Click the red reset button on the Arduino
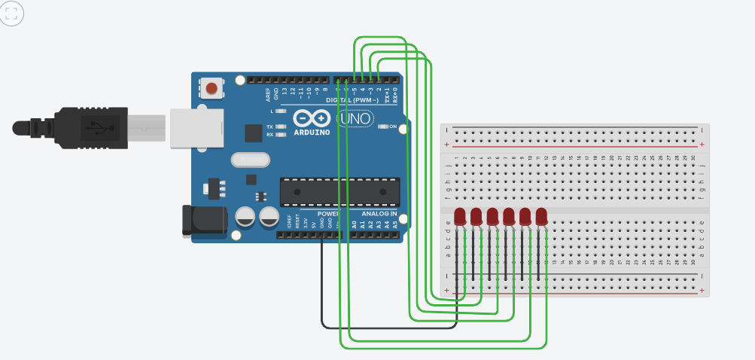point(212,89)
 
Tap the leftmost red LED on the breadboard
point(460,217)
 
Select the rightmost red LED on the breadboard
point(541,217)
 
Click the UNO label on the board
point(354,119)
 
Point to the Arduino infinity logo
point(311,119)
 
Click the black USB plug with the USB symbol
point(90,126)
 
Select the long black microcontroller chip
point(339,192)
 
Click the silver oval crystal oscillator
point(250,160)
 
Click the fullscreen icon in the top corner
point(13,14)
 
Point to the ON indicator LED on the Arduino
point(382,127)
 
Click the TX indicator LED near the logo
point(281,127)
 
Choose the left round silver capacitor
point(245,218)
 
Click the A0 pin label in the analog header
point(354,224)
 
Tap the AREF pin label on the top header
point(268,94)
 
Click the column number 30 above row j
point(693,157)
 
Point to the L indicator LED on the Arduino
point(281,111)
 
